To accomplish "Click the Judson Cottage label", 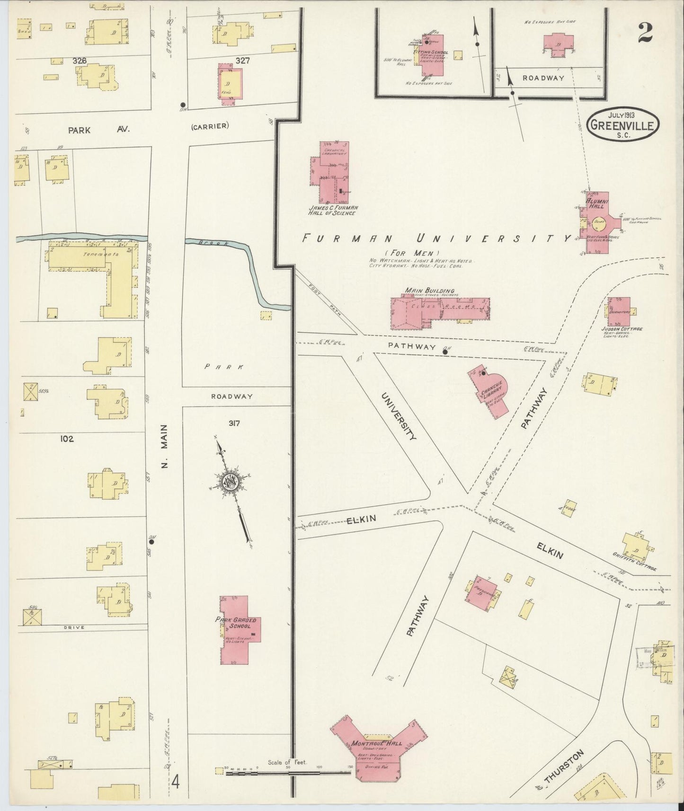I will click(622, 328).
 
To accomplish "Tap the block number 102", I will click(66, 439).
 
